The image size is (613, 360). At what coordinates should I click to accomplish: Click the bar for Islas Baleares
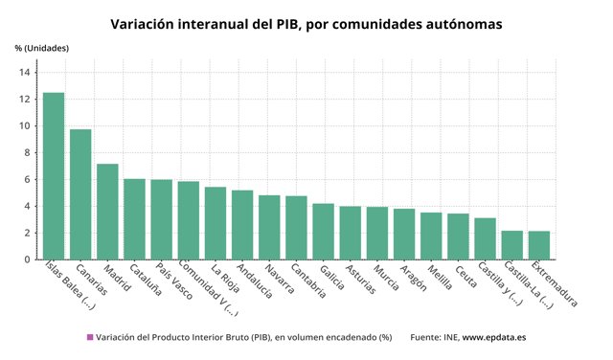tap(54, 176)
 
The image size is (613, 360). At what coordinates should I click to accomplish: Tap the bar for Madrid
tap(107, 212)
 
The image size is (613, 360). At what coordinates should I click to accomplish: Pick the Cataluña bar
tap(134, 219)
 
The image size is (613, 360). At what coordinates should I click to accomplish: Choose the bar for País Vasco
tap(161, 219)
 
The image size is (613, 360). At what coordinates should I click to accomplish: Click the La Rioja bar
tap(216, 223)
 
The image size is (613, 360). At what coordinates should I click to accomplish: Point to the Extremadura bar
tap(539, 245)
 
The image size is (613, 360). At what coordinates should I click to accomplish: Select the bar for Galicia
tap(323, 232)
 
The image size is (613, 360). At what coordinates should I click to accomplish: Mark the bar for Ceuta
tap(458, 236)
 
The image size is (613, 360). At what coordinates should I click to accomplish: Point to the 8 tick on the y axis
tap(28, 153)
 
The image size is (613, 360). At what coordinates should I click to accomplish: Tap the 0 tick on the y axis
tap(28, 259)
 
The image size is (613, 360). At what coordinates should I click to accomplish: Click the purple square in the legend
tap(90, 337)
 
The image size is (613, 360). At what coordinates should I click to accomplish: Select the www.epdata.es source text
tap(496, 337)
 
